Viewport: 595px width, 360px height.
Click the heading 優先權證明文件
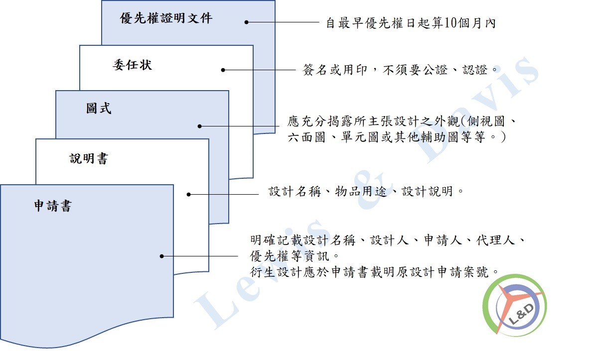(x=166, y=18)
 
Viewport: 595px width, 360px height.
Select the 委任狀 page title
(x=133, y=65)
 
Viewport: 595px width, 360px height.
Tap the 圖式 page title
(x=99, y=109)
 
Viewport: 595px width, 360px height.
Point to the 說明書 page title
(x=89, y=158)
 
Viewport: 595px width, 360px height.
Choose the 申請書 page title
(x=53, y=206)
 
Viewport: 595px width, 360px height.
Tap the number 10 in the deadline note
(x=450, y=23)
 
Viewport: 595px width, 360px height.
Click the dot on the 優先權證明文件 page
(x=246, y=22)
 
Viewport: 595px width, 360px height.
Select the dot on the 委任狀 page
(x=223, y=70)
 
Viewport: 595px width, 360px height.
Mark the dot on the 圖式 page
(x=200, y=126)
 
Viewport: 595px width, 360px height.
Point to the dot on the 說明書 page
(x=188, y=195)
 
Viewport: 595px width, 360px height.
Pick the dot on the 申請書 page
(x=161, y=256)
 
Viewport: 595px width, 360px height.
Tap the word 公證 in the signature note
(x=435, y=70)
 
